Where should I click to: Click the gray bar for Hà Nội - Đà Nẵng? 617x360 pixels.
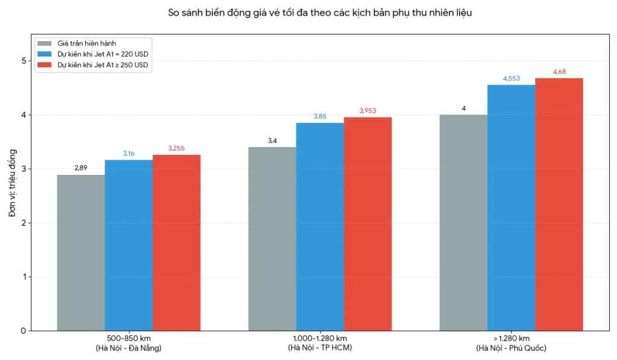80,253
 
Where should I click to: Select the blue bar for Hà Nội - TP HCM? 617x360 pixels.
320,227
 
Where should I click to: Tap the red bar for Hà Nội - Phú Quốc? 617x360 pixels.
559,205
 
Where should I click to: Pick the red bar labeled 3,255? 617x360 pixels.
176,243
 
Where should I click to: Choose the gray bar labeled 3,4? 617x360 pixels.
272,239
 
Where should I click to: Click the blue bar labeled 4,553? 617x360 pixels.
511,208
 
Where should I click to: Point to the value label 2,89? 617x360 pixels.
80,168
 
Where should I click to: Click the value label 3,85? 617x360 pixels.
320,116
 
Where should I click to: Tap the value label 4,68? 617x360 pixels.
559,72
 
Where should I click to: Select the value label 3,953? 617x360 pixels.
368,111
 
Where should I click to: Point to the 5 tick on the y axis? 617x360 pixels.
23,61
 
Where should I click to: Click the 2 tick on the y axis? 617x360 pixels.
23,223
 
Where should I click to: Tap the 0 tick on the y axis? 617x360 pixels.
23,331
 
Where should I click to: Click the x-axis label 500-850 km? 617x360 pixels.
128,338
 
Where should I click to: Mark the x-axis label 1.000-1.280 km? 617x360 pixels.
319,338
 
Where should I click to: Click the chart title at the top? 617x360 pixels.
319,12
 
